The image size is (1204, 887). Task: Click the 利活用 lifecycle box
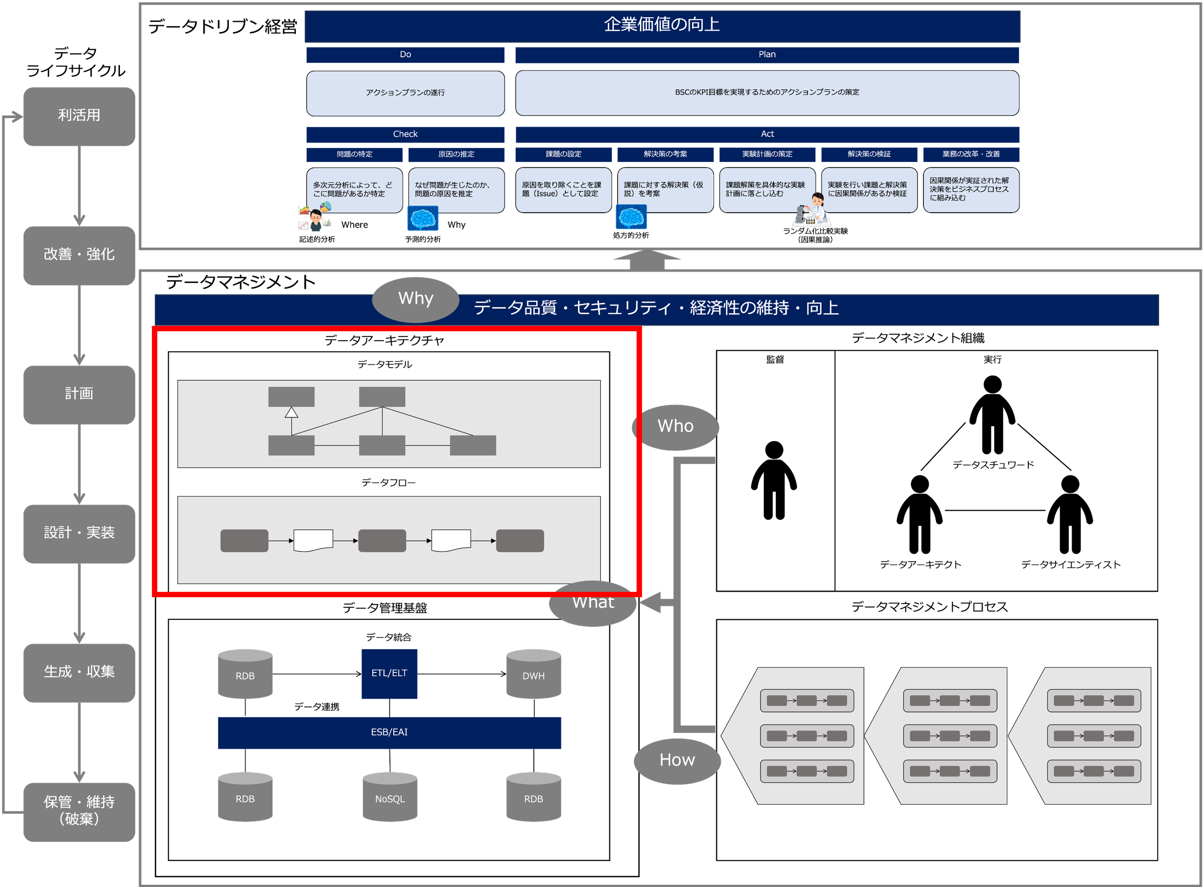coord(79,116)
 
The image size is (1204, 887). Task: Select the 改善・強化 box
coord(79,255)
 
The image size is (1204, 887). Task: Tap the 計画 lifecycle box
coord(79,394)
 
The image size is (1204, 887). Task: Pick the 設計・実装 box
coord(79,533)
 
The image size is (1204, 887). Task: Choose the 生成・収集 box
coord(79,672)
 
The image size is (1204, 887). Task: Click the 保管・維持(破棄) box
coord(79,811)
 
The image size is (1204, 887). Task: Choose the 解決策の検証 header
coord(869,155)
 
